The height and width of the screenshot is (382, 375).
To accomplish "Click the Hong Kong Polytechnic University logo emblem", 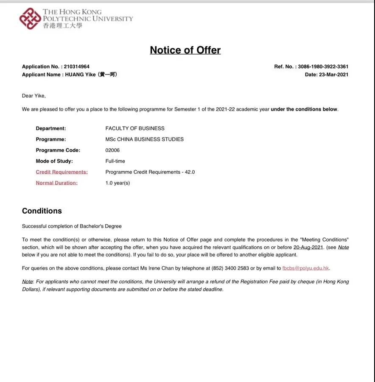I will (30, 19).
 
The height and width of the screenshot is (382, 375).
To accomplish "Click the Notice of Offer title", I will (185, 50).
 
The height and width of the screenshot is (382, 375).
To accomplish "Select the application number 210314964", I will (76, 67).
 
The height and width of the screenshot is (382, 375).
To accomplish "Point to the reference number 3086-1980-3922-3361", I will (323, 67).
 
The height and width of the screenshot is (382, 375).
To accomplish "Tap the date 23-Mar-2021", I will (333, 75).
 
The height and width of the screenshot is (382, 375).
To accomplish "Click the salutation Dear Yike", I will (34, 96).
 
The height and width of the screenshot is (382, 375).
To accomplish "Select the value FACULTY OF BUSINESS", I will (135, 128).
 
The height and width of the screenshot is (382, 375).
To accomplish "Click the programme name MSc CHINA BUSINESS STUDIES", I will (144, 139).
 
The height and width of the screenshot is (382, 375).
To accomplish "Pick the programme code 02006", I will (112, 150).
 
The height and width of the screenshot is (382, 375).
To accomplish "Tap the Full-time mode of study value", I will (115, 161).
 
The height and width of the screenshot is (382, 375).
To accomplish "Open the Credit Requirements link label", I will (62, 172).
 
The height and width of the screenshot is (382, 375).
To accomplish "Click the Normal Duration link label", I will (56, 183).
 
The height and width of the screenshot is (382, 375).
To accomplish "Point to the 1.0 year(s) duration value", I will (118, 183).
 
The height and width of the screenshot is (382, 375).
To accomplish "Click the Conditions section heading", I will (42, 211).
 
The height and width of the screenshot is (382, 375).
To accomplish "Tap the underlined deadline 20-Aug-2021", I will (308, 247).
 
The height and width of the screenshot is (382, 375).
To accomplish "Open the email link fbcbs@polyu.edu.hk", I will (305, 268).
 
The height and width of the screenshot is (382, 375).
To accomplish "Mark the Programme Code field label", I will (58, 150).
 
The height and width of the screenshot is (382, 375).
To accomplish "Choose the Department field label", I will (51, 128).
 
